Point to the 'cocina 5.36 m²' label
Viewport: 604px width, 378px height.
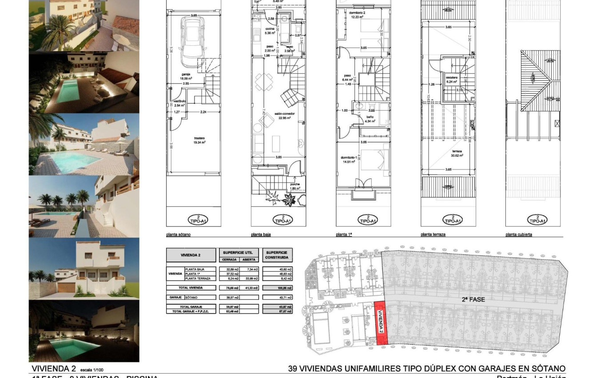pyautogui.click(x=258, y=31)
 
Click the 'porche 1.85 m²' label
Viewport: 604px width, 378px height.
pyautogui.click(x=294, y=186)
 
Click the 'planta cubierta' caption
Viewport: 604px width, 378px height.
pyautogui.click(x=518, y=234)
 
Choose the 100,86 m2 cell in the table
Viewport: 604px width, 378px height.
pyautogui.click(x=277, y=288)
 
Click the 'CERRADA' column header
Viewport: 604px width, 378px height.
pyautogui.click(x=229, y=259)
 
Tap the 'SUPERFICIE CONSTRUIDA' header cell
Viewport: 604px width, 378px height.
pyautogui.click(x=277, y=255)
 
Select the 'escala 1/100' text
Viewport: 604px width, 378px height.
pyautogui.click(x=92, y=370)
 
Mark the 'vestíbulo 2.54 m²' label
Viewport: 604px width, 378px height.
pyautogui.click(x=179, y=103)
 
